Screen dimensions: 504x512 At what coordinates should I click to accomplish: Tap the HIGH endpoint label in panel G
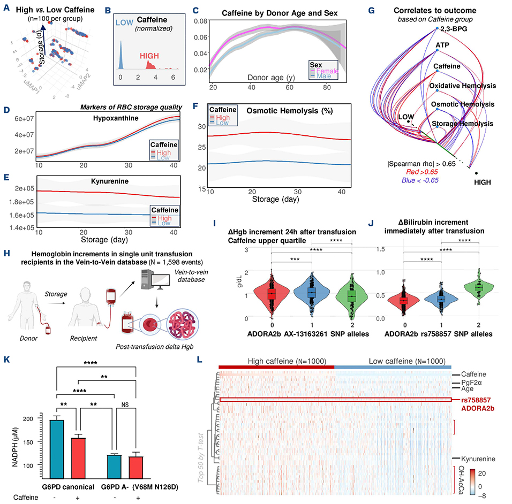pyautogui.click(x=486, y=182)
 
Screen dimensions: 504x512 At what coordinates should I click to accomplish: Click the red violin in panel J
pyautogui.click(x=403, y=300)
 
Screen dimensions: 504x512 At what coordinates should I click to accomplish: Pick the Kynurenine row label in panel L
pyautogui.click(x=479, y=459)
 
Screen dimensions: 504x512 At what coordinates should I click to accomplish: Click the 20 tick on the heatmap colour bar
pyautogui.click(x=493, y=474)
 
